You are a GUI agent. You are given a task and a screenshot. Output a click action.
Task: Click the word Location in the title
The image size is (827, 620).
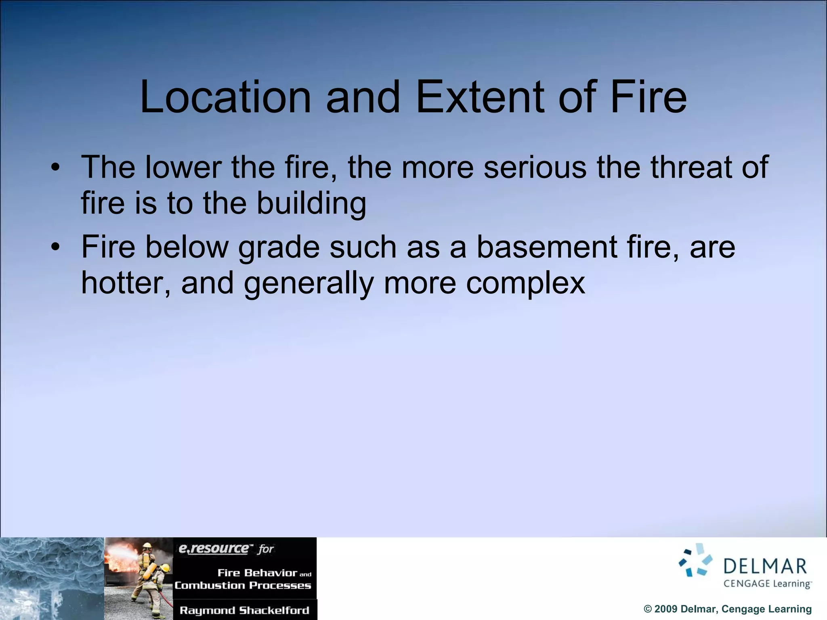(225, 97)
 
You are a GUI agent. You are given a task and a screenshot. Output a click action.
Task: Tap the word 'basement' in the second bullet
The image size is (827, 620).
(547, 247)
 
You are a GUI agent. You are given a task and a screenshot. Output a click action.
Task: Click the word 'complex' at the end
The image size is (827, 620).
(525, 284)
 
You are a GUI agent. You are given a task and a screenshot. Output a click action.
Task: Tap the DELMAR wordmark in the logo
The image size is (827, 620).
(764, 566)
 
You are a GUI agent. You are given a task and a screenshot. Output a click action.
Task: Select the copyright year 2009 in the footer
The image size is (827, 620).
(665, 609)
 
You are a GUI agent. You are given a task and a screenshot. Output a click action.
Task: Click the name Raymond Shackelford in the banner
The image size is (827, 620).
(244, 610)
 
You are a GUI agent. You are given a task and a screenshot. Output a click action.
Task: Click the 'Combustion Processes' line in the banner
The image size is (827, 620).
(243, 585)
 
